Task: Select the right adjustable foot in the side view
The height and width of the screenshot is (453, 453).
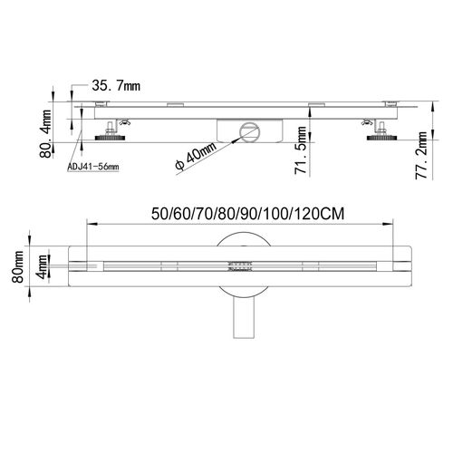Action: [379, 136]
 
